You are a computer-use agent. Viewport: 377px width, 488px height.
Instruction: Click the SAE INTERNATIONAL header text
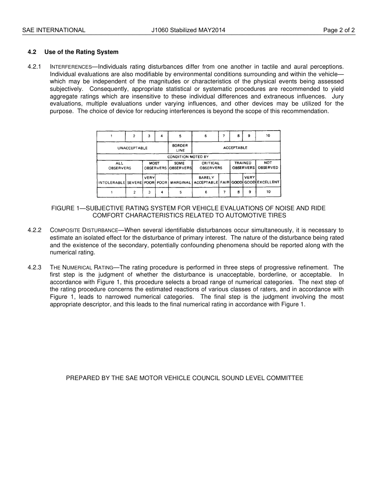54,30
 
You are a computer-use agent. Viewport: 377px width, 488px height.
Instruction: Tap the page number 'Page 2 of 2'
339,30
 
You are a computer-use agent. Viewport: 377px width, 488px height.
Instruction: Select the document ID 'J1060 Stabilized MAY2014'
188,30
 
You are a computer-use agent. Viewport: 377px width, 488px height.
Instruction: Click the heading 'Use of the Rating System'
81,52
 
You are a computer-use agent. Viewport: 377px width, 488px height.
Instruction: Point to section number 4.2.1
35,67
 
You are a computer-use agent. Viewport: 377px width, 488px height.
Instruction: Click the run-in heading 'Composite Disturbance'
84,230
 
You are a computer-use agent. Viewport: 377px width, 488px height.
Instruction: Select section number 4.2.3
35,267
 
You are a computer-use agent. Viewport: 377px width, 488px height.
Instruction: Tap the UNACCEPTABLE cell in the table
132,148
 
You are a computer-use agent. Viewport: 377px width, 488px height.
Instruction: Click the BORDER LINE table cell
180,148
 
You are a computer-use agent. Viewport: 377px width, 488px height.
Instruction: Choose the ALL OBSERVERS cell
119,165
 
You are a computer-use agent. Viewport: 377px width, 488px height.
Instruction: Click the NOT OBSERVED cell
268,165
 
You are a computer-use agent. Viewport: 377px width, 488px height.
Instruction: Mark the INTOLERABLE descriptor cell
112,183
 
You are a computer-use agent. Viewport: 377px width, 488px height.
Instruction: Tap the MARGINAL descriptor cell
181,183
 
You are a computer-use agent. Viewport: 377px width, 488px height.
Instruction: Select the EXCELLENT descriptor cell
268,183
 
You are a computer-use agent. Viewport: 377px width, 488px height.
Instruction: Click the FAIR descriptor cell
225,183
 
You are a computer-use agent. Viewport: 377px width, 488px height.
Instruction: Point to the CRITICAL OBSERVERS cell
211,165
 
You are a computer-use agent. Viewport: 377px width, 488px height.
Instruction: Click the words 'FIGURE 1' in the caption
65,208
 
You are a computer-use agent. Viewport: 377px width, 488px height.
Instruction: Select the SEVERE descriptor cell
134,183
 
